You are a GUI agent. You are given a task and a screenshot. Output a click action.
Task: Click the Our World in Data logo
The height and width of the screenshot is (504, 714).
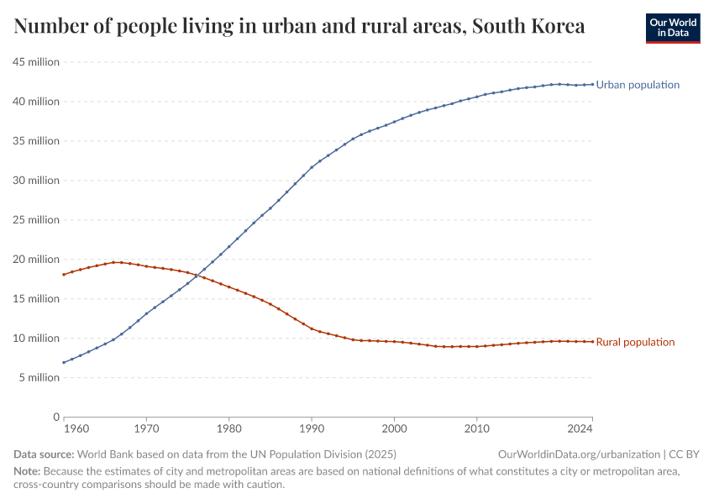pos(672,28)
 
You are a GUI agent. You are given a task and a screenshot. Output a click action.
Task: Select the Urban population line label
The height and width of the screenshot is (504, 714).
pos(638,85)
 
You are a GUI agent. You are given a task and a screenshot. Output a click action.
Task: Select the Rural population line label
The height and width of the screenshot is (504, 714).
pos(635,342)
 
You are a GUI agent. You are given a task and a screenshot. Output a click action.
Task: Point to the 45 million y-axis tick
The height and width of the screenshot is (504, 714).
pos(36,62)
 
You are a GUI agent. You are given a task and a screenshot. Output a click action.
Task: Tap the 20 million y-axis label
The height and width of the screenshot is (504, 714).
pos(36,260)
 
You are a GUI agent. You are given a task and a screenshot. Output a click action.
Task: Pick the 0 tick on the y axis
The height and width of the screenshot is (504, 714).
pos(56,417)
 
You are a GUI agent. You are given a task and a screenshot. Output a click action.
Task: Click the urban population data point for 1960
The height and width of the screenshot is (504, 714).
pos(64,363)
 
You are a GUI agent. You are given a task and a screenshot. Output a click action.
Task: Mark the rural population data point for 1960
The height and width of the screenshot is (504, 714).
pos(64,275)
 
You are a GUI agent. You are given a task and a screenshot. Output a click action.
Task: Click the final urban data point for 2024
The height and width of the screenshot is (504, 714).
pos(592,84)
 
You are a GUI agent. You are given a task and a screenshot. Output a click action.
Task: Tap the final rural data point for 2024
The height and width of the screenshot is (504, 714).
pos(592,341)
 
